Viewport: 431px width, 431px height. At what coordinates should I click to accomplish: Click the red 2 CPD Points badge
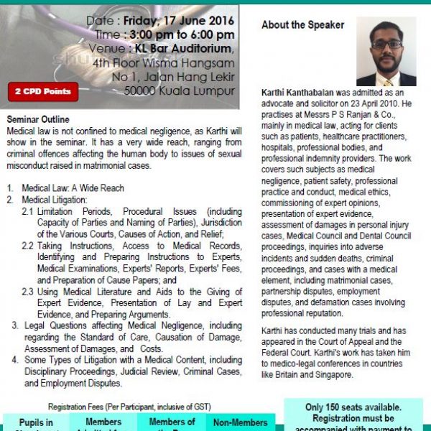(x=43, y=92)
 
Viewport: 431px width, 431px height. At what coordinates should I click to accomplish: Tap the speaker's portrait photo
(x=386, y=51)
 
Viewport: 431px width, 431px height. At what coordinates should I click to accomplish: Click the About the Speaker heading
(x=302, y=24)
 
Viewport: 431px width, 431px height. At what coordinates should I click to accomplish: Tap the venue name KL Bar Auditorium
(x=185, y=49)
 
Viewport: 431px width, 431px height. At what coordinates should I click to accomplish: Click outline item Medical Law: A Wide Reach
(x=73, y=188)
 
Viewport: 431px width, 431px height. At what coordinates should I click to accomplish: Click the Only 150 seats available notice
(x=353, y=407)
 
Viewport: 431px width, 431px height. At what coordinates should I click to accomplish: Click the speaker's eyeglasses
(x=386, y=44)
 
